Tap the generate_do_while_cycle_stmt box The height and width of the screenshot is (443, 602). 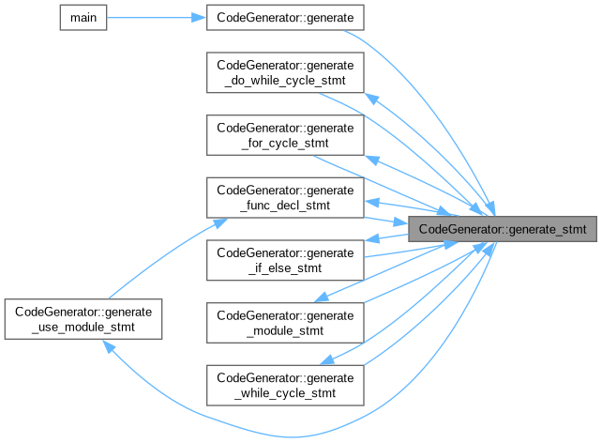point(284,73)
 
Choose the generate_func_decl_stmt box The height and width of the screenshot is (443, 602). point(284,196)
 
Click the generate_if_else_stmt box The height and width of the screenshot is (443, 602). point(284,259)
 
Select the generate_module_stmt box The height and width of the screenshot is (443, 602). point(284,321)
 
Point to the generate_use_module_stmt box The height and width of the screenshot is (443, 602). point(84,319)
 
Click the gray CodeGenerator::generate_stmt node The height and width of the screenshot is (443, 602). point(503,228)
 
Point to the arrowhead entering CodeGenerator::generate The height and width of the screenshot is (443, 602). point(198,17)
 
